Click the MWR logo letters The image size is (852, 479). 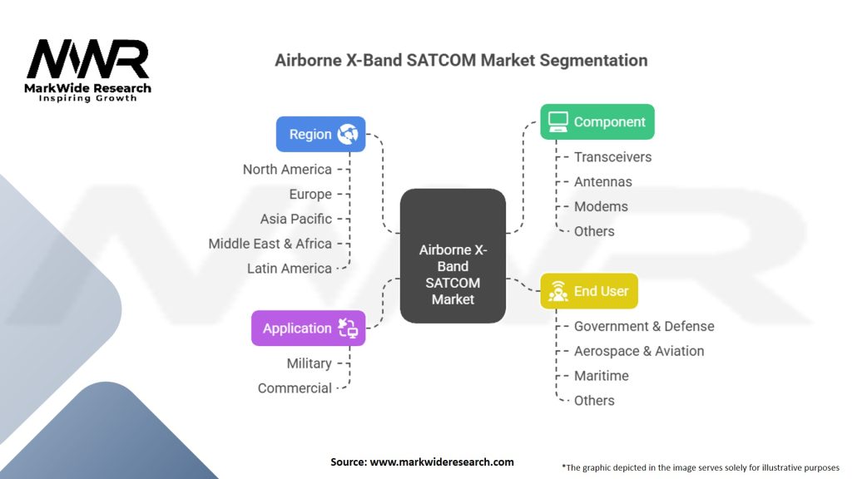click(87, 59)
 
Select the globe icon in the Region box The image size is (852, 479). click(348, 134)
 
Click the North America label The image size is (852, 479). click(287, 170)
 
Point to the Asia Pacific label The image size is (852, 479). click(295, 219)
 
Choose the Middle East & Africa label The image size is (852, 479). click(270, 244)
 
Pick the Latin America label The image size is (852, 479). click(289, 269)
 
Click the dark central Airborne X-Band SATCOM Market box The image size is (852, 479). click(453, 256)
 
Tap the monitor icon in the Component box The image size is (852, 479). click(558, 121)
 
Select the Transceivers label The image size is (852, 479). click(612, 157)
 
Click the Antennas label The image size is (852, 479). click(602, 182)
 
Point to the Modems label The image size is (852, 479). click(601, 206)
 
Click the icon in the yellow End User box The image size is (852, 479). click(558, 291)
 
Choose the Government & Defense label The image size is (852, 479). click(644, 326)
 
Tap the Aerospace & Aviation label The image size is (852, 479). click(639, 352)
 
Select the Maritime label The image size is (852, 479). click(601, 376)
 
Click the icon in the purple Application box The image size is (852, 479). click(348, 328)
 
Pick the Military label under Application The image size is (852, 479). click(310, 363)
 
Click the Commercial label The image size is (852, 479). click(295, 388)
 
